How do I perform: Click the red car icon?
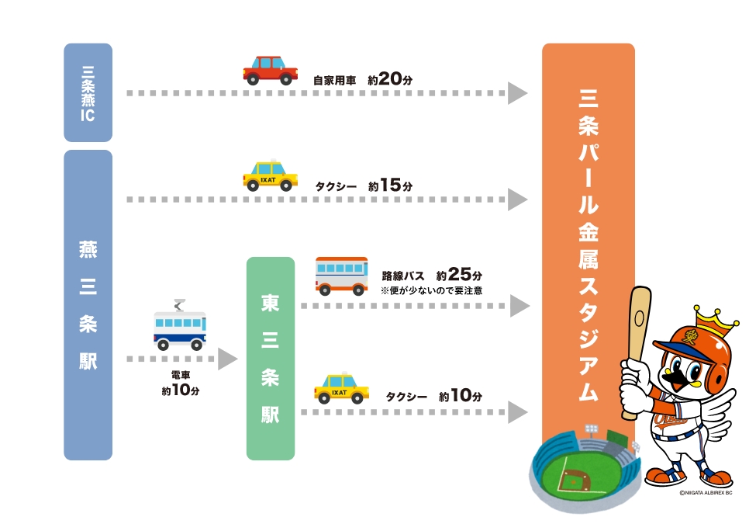(270, 69)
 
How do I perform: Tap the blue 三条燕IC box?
(88, 92)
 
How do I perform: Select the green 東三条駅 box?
(271, 358)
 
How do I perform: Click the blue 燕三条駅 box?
(88, 304)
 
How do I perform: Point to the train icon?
(180, 325)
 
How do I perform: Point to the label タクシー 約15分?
(364, 186)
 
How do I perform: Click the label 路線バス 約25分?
(432, 276)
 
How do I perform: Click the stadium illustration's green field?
(573, 481)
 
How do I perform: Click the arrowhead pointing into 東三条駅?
(227, 359)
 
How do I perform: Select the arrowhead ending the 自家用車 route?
(517, 93)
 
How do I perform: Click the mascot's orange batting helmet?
(682, 349)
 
